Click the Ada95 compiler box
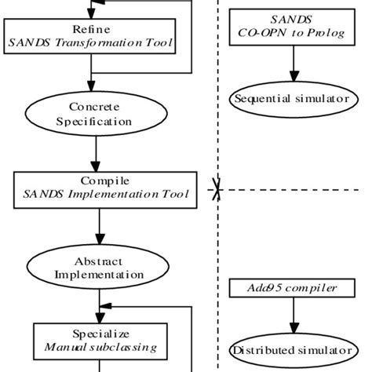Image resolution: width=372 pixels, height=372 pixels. click(295, 288)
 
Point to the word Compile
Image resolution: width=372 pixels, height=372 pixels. click(99, 180)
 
